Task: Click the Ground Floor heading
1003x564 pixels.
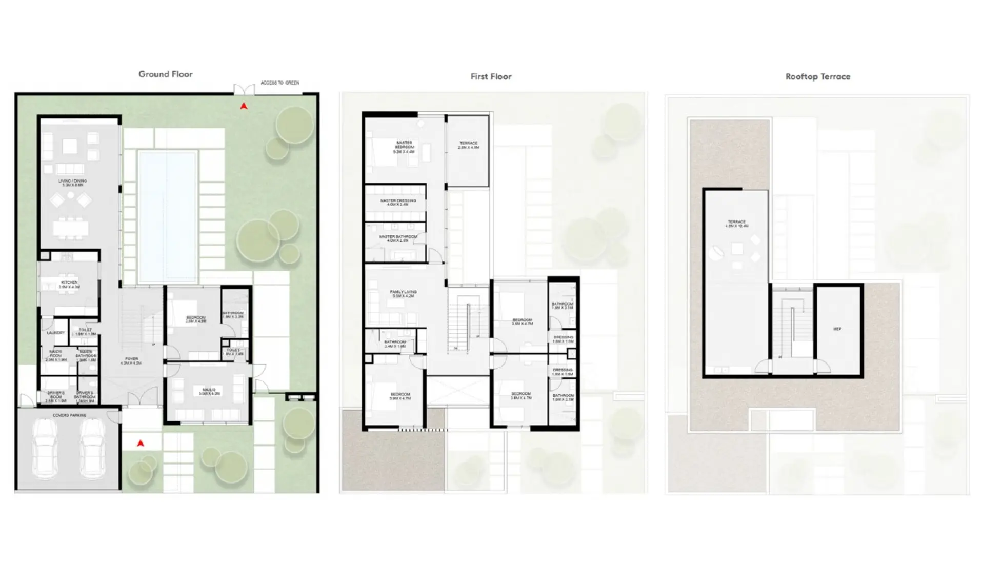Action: (165, 74)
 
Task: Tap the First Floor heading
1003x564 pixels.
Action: (491, 77)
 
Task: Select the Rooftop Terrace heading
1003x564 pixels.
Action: (817, 77)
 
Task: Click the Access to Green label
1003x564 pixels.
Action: (279, 83)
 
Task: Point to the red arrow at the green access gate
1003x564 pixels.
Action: (244, 106)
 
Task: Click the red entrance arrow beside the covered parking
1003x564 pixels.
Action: (141, 443)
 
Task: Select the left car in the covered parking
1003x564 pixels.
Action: (45, 448)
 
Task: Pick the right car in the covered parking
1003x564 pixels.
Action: (93, 448)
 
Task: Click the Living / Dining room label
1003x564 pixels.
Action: (72, 183)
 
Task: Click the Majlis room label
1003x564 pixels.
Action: (209, 392)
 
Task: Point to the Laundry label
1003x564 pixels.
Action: (55, 333)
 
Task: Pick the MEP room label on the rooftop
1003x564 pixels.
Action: (837, 329)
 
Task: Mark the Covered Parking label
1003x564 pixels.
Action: (69, 415)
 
